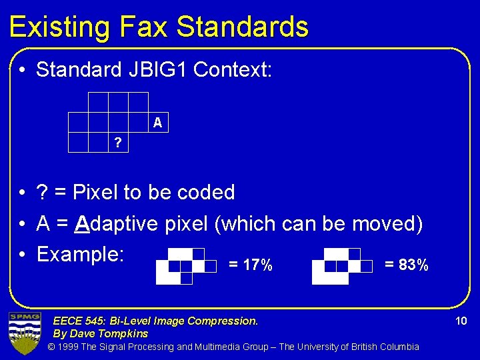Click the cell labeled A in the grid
pos(157,123)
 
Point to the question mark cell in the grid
pos(118,143)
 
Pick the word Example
pos(81,254)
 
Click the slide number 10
pos(461,321)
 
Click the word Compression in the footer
pos(226,321)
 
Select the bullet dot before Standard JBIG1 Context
pos(22,70)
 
